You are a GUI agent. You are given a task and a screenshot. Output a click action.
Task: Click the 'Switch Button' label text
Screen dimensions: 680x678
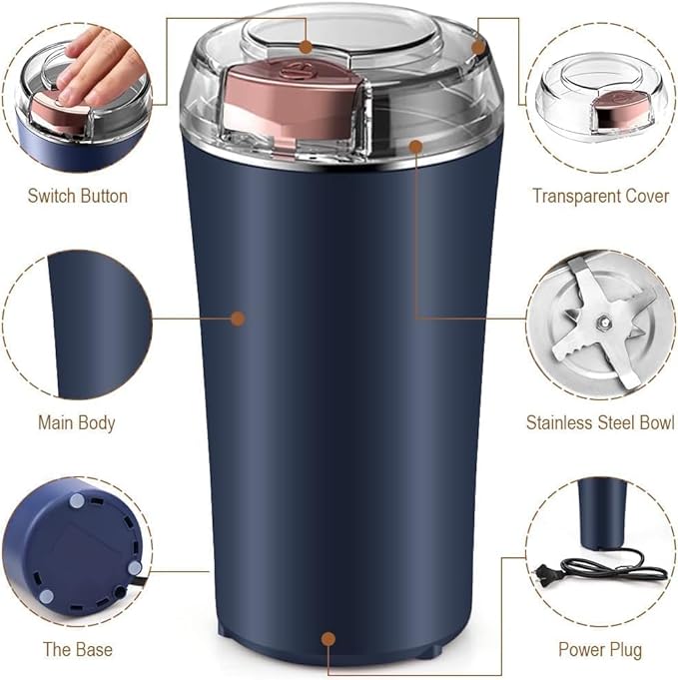click(77, 196)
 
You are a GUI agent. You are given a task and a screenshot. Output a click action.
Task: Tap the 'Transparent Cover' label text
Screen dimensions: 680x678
click(600, 196)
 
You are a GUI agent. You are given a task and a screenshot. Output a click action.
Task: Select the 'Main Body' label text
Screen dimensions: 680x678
click(77, 421)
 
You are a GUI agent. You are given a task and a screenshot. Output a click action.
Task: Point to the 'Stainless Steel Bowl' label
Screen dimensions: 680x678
click(600, 422)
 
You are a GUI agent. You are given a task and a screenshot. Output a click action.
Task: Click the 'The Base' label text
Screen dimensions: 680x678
click(77, 649)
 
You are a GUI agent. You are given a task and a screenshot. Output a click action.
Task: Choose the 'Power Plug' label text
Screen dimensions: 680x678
click(600, 649)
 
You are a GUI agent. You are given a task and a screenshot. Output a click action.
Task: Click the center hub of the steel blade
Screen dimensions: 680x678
click(603, 321)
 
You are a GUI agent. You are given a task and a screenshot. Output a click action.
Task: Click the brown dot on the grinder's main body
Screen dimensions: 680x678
click(238, 319)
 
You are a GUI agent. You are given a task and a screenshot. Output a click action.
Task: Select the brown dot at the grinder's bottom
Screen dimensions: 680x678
click(327, 635)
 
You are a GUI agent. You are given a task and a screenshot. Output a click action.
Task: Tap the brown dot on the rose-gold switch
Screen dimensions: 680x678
click(306, 46)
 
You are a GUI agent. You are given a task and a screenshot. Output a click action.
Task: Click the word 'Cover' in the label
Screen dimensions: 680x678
click(646, 196)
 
